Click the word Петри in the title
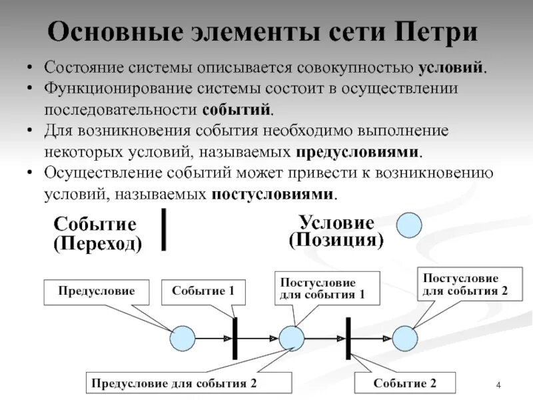(436, 33)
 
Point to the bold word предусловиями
(358, 151)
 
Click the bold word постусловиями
(272, 194)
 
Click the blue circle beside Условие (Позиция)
(409, 225)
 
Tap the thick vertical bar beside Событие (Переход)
(164, 229)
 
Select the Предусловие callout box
(96, 291)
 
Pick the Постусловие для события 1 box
(326, 289)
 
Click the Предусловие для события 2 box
(189, 383)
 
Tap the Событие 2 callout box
(405, 383)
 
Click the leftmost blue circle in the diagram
(182, 338)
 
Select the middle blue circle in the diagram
(291, 338)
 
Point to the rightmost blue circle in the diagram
(404, 338)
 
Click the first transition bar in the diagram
(235, 339)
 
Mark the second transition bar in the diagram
(347, 339)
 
